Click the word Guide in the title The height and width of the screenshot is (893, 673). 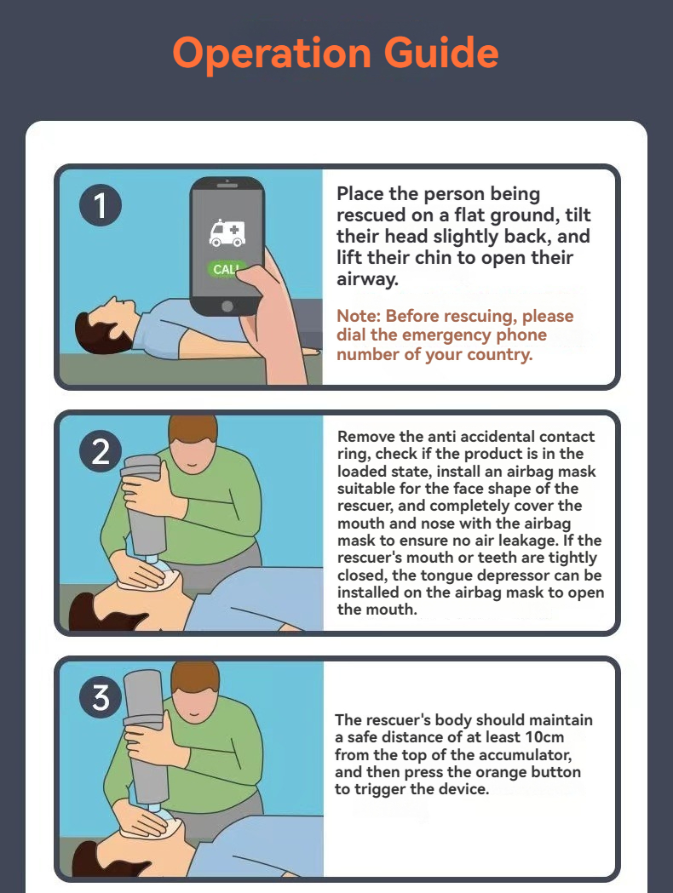tap(441, 53)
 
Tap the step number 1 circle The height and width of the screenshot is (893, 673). tap(101, 205)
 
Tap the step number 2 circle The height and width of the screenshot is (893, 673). tap(101, 452)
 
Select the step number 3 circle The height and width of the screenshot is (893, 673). tap(101, 697)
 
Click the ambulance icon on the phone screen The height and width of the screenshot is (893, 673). tap(227, 233)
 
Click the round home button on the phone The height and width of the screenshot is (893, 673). tap(227, 306)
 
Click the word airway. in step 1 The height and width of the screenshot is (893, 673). tap(367, 279)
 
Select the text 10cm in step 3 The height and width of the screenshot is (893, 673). tap(544, 737)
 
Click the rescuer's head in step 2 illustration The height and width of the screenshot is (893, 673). tap(193, 444)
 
